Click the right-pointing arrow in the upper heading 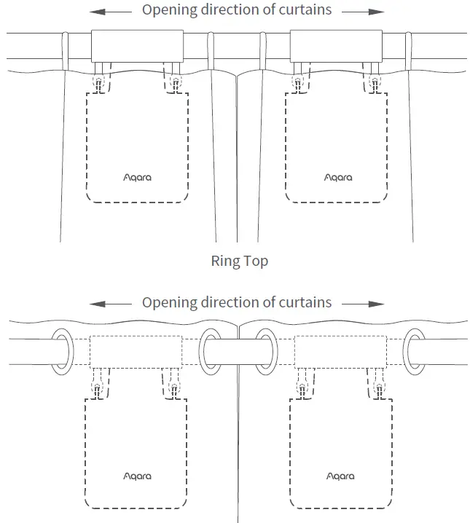pos(363,11)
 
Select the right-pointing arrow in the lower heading pos(363,302)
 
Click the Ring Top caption pos(239,261)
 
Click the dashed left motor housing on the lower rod pos(136,351)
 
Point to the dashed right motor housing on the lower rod pos(339,351)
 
